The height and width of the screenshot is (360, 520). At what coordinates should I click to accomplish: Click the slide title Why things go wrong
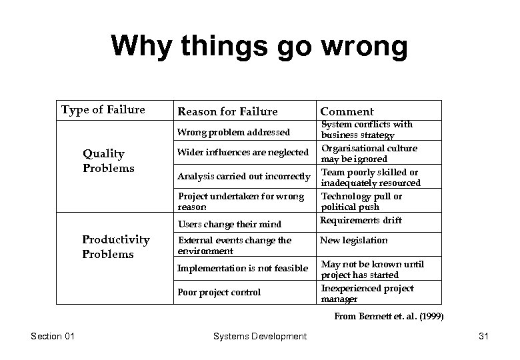[259, 47]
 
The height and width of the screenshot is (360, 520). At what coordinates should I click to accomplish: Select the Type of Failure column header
[103, 110]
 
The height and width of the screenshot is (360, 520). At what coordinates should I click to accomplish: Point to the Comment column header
[347, 111]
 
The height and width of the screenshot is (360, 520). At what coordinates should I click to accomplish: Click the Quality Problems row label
[108, 161]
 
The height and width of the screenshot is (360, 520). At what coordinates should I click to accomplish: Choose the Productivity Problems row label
[115, 247]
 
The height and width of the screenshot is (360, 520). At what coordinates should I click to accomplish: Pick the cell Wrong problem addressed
[233, 132]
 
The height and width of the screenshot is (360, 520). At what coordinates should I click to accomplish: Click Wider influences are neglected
[243, 153]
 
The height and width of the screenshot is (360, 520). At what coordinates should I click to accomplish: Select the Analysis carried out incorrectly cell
[243, 177]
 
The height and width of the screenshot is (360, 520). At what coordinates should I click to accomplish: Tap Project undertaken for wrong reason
[240, 201]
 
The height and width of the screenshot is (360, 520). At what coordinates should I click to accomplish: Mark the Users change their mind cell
[229, 224]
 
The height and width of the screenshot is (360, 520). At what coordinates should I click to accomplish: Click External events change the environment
[234, 245]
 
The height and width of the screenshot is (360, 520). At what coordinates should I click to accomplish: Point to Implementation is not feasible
[243, 268]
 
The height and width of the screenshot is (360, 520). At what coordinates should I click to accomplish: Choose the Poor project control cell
[219, 292]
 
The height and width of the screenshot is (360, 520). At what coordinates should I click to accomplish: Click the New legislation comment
[353, 240]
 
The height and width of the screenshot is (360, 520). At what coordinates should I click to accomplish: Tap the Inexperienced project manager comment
[367, 293]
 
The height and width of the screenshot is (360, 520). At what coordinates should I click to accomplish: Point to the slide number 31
[483, 337]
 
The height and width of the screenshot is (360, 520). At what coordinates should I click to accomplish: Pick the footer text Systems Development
[259, 337]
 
